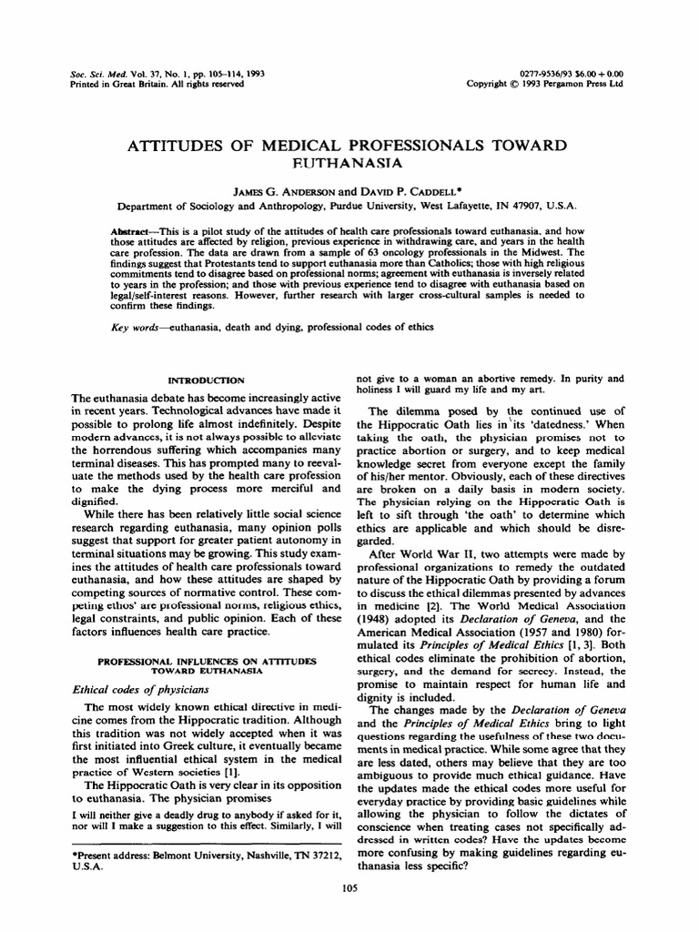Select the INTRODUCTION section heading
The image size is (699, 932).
[208, 379]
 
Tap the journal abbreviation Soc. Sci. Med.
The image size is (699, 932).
[96, 72]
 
